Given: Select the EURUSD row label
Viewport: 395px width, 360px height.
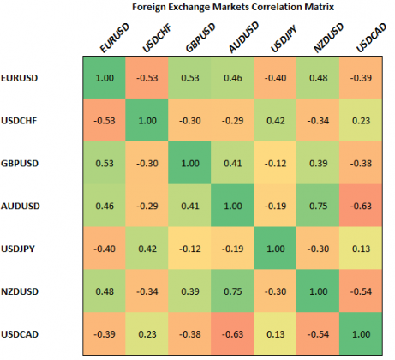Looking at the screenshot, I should point(21,78).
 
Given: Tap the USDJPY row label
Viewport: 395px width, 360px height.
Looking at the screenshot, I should point(21,249).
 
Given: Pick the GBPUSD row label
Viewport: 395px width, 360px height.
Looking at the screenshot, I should point(21,164).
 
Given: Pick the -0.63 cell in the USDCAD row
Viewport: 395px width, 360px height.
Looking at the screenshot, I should point(233,333).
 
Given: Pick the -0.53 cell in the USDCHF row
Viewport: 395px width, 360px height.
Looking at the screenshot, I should point(103,121).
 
